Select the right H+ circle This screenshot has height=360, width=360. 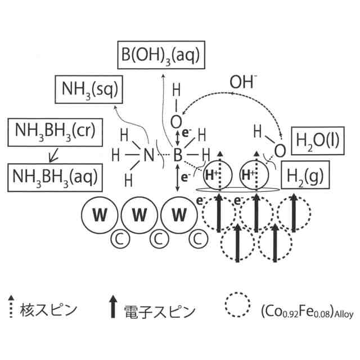coord(254,175)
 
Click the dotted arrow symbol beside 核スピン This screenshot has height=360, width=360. coord(11,307)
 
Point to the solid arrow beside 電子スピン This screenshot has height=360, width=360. coord(113,307)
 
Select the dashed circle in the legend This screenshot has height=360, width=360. coord(237,307)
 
